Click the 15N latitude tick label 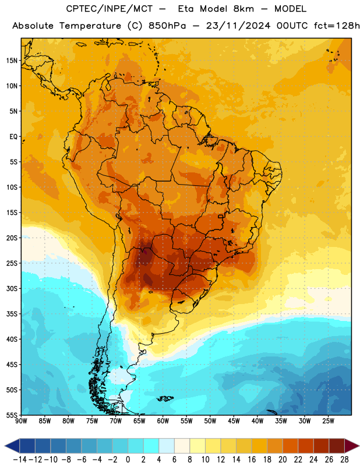(x=12, y=61)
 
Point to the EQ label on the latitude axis (x=13, y=137)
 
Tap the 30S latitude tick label (x=12, y=288)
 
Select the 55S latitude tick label (x=12, y=415)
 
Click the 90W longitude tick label (x=21, y=421)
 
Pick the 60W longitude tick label (x=163, y=421)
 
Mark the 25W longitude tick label (x=328, y=421)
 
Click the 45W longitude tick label (x=234, y=421)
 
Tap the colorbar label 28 (x=344, y=460)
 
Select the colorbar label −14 (x=20, y=460)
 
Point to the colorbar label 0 (x=128, y=460)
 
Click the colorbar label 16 (x=252, y=460)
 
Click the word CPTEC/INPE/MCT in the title (x=109, y=9)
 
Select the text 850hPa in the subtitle (x=167, y=26)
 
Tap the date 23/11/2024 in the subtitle (x=238, y=26)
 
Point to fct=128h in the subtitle (x=337, y=26)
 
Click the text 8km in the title (x=243, y=9)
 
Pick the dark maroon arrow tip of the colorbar (x=352, y=446)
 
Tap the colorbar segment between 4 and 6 (x=167, y=446)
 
